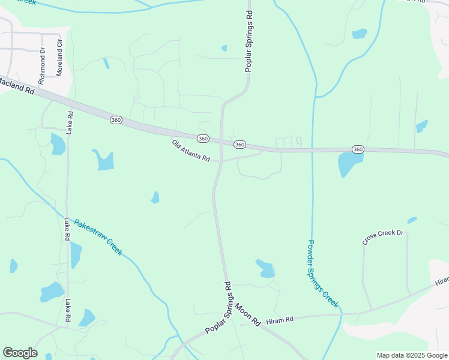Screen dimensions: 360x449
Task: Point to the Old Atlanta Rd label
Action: coord(191,151)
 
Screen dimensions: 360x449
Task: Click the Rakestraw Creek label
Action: coord(98,237)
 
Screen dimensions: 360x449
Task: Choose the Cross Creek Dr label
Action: coord(383,236)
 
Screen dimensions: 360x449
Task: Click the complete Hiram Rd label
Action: coord(279,320)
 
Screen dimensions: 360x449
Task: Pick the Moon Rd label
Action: coord(247,313)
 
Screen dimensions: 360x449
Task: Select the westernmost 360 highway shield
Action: coord(116,120)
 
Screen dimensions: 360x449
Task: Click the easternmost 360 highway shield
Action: coord(358,149)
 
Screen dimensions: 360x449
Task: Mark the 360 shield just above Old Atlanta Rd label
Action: coord(203,139)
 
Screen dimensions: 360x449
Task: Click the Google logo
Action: coord(20,353)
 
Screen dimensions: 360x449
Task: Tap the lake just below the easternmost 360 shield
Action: coord(349,163)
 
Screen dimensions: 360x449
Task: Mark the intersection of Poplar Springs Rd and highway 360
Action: coord(222,142)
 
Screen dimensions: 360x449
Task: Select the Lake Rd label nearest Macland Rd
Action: coord(70,122)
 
